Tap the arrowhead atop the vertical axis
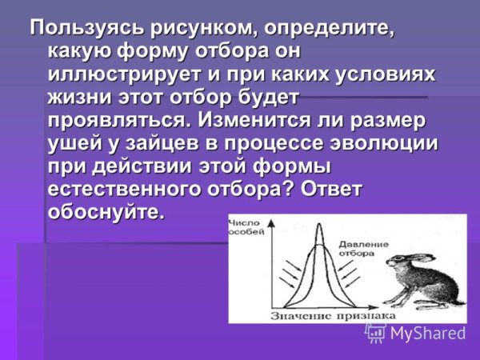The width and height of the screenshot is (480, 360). pos(274,220)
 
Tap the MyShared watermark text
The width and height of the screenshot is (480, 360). pos(427,333)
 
